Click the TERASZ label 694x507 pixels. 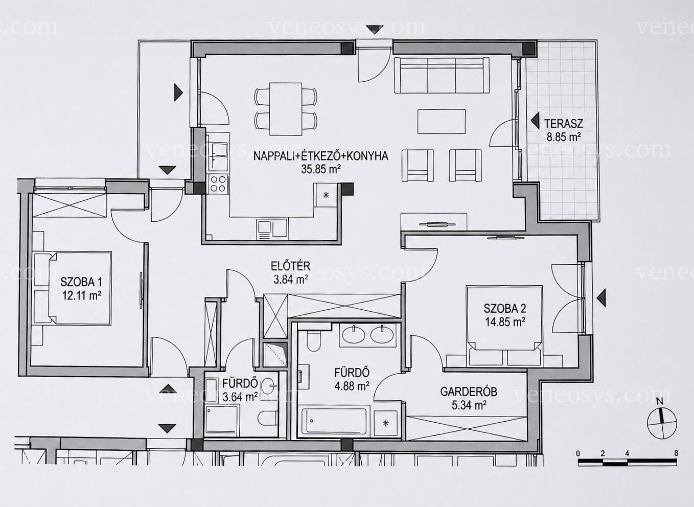point(564,124)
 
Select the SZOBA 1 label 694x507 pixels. point(81,282)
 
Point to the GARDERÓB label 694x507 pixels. point(469,391)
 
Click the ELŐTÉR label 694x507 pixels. point(290,266)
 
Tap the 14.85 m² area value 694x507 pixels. point(505,322)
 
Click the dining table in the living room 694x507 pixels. point(285,109)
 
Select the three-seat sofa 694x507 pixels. point(442,75)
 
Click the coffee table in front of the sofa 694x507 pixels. point(441,122)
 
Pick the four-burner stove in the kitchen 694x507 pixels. point(218,184)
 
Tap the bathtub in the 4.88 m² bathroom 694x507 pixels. point(334,422)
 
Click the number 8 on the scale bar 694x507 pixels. point(676,453)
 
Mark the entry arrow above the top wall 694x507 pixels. point(375,30)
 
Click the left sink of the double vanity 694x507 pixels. point(354,335)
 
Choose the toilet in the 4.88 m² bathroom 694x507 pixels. point(313,341)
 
